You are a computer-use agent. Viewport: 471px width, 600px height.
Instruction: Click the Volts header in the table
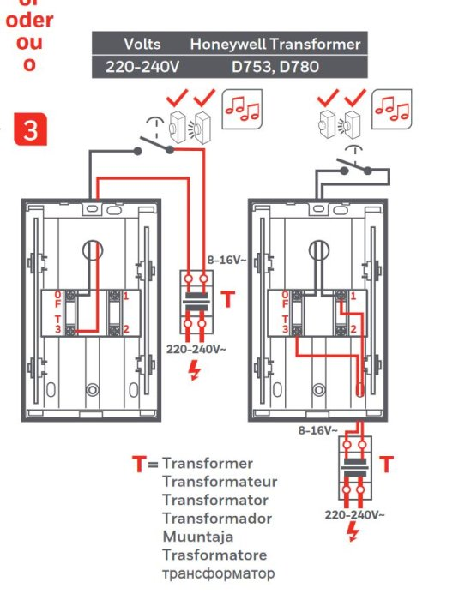tap(142, 44)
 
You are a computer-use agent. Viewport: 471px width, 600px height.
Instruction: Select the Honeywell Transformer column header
tap(275, 44)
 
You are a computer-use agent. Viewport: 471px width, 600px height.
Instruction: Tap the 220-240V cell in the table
tap(142, 66)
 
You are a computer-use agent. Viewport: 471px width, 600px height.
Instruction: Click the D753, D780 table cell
tap(274, 66)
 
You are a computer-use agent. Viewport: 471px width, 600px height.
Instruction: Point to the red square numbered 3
tap(30, 131)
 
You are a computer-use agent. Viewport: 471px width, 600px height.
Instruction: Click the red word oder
tap(30, 20)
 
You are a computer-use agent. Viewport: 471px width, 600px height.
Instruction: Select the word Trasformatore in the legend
tap(214, 555)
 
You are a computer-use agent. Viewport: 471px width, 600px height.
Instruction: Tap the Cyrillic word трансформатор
tap(218, 573)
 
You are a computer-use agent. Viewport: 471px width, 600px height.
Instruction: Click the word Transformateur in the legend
tap(219, 482)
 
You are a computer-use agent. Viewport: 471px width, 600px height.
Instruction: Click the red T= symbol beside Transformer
tap(145, 465)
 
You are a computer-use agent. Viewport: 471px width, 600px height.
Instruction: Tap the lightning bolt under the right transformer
tap(353, 532)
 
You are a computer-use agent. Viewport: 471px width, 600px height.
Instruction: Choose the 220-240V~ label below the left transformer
tap(196, 349)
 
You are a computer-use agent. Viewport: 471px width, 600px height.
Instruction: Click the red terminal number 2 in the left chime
tap(125, 329)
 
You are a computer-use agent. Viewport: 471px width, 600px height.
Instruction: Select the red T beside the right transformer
tap(387, 465)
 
